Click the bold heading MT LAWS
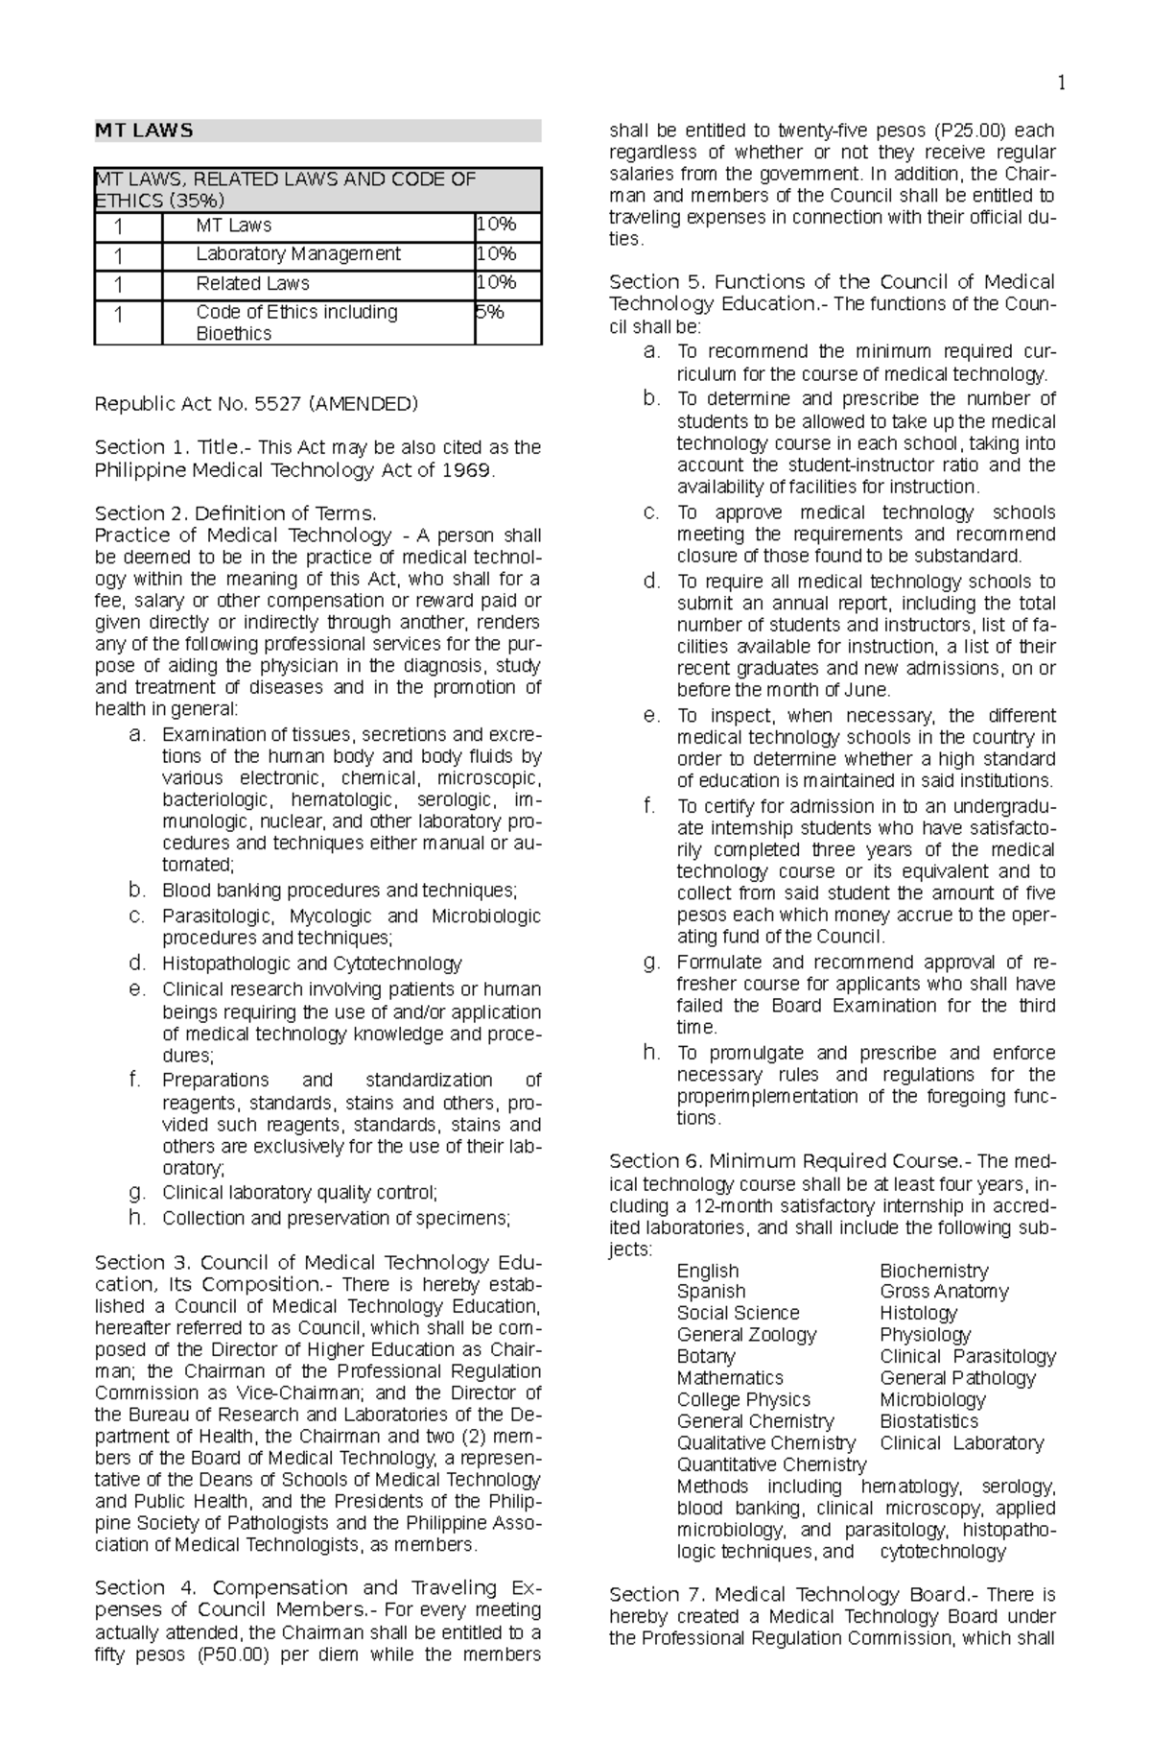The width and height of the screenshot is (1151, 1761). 144,131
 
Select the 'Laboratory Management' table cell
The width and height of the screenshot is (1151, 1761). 298,254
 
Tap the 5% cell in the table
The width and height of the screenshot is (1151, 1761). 490,312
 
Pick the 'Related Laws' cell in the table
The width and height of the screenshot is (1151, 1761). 252,283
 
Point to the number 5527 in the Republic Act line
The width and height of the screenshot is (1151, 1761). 278,404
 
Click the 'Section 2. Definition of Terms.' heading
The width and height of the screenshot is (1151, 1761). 236,513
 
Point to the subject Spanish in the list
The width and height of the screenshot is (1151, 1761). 711,1292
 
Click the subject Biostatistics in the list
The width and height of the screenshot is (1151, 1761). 928,1421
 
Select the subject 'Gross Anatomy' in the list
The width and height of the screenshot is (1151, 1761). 944,1292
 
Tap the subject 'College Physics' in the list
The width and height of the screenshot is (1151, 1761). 743,1400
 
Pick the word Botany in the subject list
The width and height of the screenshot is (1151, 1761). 706,1357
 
